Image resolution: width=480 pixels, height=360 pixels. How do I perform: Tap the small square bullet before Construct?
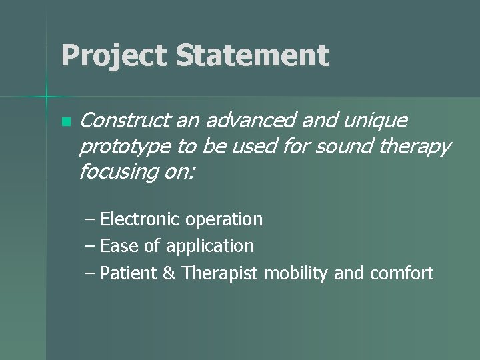click(65, 123)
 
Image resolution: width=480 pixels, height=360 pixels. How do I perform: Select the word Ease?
click(119, 246)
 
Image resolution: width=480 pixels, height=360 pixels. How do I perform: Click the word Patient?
click(129, 273)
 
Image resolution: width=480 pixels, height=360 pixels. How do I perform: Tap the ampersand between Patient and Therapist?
click(170, 273)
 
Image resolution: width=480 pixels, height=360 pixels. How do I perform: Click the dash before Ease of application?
click(89, 246)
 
